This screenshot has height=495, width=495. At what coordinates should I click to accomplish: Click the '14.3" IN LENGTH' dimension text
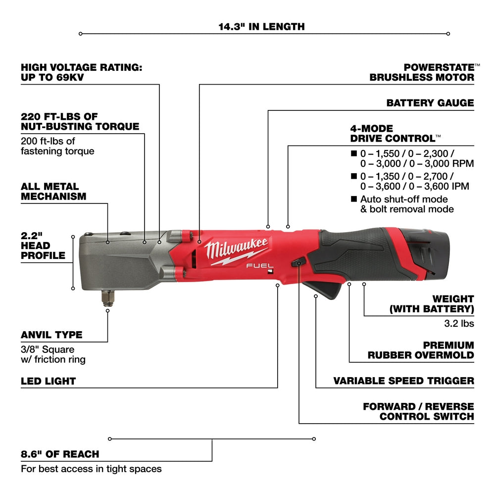[x=262, y=26]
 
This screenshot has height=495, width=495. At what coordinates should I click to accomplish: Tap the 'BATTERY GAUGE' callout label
[x=430, y=103]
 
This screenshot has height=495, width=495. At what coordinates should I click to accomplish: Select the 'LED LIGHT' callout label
[x=48, y=381]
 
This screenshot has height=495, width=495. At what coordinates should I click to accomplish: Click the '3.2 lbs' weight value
[x=460, y=323]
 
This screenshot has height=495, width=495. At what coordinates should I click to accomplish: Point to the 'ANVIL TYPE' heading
[x=51, y=335]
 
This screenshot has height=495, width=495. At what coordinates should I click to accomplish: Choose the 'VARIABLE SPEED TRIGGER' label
[x=403, y=381]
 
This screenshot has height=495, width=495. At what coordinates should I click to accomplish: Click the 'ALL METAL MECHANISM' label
[x=53, y=192]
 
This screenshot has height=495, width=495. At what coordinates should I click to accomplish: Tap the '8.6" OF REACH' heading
[x=60, y=454]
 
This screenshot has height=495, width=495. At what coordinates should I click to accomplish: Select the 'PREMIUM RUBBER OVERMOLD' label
[x=420, y=350]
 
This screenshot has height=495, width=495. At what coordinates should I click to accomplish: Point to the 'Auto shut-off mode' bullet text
[x=404, y=199]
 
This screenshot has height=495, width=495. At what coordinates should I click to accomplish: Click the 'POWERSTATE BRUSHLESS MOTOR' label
[x=422, y=72]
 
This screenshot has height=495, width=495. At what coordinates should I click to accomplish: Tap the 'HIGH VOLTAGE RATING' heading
[x=81, y=72]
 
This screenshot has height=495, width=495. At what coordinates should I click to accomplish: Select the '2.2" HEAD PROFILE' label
[x=43, y=246]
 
